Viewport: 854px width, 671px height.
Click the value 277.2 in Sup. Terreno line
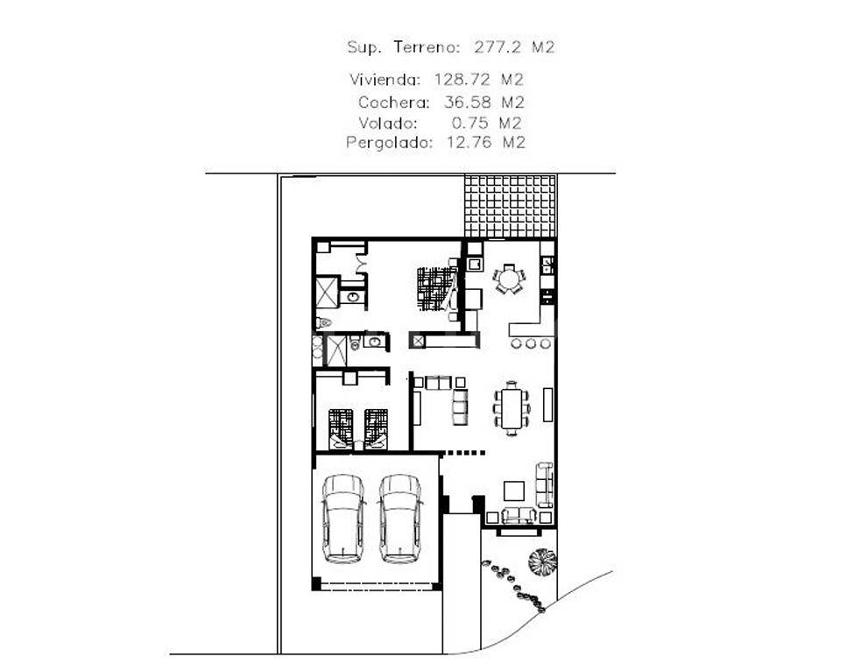[495, 47]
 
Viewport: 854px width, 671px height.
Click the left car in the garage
[342, 518]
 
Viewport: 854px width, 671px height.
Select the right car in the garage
[400, 518]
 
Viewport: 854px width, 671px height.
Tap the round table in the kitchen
[509, 279]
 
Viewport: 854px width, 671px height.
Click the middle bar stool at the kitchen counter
[530, 343]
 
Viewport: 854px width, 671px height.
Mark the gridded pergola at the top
[509, 206]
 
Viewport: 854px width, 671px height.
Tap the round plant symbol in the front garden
[542, 562]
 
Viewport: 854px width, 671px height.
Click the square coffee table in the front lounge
[513, 490]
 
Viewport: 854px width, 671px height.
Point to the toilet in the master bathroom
[324, 323]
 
